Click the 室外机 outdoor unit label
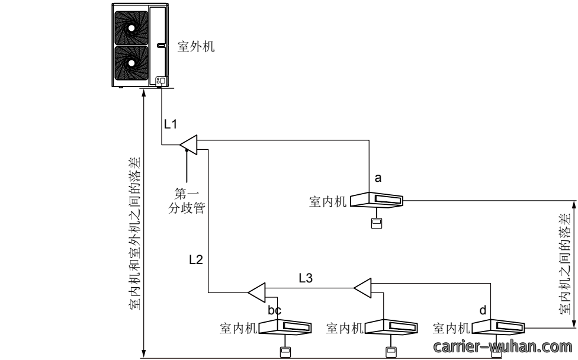pos(196,47)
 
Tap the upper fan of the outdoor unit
pos(131,28)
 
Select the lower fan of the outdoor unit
pos(131,63)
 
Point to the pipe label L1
pos(171,124)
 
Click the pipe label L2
pos(196,260)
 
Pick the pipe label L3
pos(306,278)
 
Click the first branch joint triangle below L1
pos(189,145)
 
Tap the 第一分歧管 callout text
pos(187,201)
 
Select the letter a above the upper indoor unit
pos(378,178)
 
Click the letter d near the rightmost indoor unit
pos(483,310)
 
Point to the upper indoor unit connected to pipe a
pos(377,200)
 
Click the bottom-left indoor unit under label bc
pos(285,327)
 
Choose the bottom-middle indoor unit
pos(391,327)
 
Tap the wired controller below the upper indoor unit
pos(377,223)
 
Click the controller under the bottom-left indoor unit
pos(285,352)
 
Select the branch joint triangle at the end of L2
pos(256,292)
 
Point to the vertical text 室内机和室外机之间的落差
pos(135,234)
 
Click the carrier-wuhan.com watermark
pos(503,347)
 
